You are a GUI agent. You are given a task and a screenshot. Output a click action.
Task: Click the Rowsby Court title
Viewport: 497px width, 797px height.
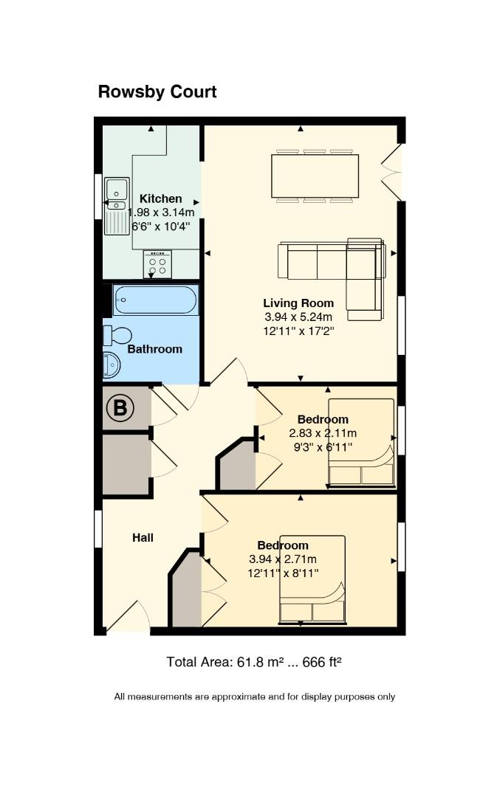click(x=157, y=92)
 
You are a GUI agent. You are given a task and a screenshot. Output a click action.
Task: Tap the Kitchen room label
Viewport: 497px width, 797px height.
click(x=161, y=199)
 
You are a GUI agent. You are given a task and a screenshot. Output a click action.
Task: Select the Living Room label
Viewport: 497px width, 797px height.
click(x=298, y=303)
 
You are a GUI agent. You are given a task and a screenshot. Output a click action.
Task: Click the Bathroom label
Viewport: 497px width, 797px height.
click(x=154, y=349)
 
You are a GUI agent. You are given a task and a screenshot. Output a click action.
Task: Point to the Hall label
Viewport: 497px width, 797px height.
click(x=143, y=538)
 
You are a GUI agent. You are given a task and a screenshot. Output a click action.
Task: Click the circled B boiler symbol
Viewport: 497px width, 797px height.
click(x=120, y=407)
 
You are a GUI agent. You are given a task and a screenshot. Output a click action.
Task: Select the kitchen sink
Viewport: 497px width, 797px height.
click(x=117, y=206)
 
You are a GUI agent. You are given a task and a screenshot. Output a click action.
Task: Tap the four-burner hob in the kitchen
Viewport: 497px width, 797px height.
click(x=157, y=263)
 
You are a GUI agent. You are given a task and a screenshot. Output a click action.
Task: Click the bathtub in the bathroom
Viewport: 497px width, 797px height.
click(x=155, y=300)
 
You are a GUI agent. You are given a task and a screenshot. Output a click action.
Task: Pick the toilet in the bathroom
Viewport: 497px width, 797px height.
click(x=117, y=336)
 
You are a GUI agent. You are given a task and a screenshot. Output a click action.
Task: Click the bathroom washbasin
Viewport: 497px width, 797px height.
click(x=112, y=365)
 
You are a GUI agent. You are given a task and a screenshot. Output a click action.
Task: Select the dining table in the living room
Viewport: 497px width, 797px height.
click(x=315, y=176)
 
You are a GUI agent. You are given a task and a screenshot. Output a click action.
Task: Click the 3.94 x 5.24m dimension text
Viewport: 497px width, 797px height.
click(x=298, y=317)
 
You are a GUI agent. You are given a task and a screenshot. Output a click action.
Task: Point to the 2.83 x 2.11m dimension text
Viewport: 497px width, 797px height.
click(x=323, y=434)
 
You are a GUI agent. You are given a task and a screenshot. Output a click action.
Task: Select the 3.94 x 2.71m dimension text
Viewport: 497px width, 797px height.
click(x=283, y=559)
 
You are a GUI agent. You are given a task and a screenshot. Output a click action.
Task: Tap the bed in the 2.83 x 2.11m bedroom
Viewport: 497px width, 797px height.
click(x=361, y=443)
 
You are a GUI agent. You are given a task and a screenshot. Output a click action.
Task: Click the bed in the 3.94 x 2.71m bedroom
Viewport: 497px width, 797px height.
click(x=312, y=579)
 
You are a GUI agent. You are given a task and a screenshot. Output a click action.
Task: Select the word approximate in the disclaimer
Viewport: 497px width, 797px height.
click(x=239, y=697)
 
